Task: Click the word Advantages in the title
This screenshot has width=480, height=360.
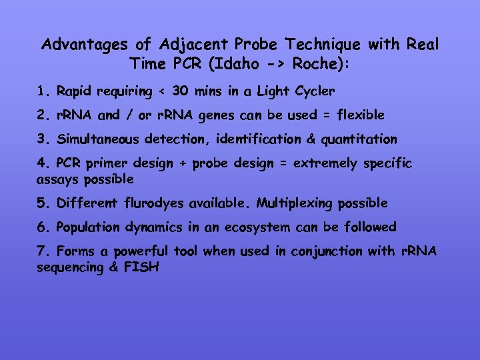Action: point(86,45)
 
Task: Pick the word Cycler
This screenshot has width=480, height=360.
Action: point(313,91)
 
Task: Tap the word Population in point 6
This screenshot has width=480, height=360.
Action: point(89,227)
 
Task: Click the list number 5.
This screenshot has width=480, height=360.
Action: point(41,203)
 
